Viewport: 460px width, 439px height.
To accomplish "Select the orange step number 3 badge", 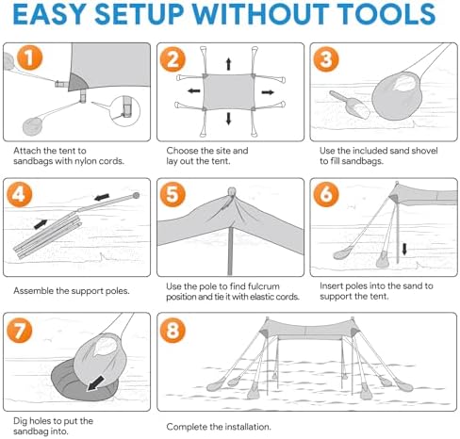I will pyautogui.click(x=325, y=58).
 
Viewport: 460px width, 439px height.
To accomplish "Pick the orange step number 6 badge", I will pyautogui.click(x=325, y=195).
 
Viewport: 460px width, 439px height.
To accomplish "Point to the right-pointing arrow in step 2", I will pyautogui.click(x=266, y=92).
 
